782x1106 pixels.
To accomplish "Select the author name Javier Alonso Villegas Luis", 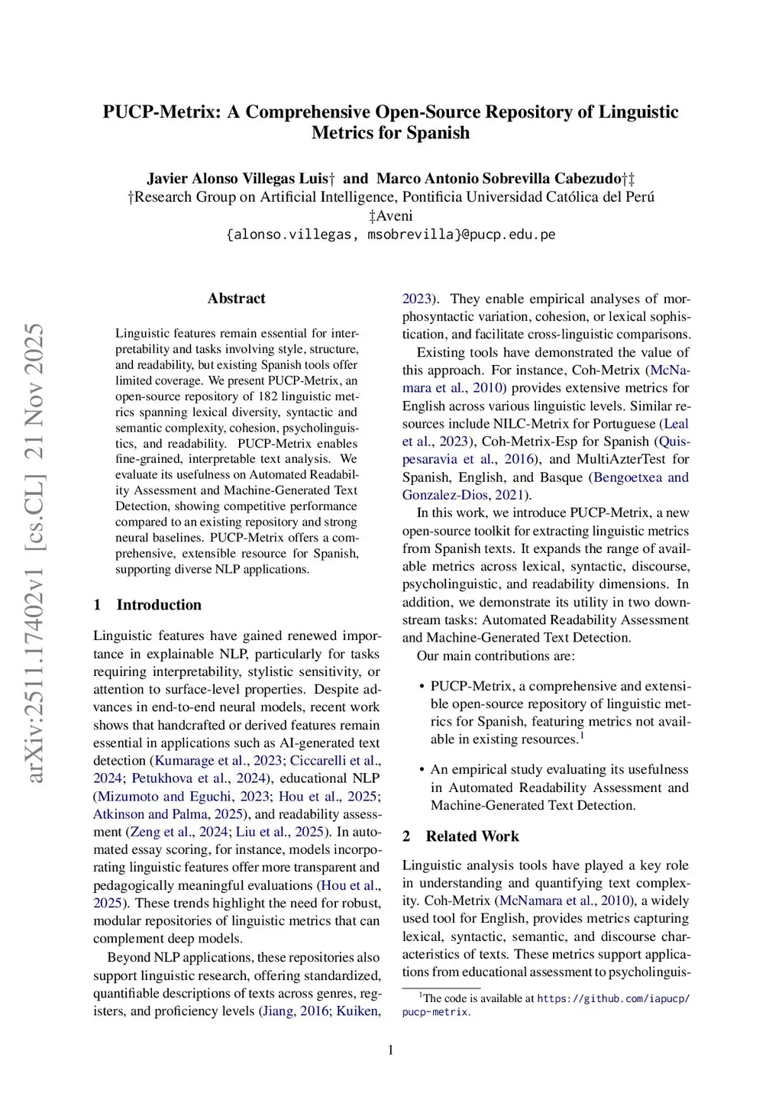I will [238, 179].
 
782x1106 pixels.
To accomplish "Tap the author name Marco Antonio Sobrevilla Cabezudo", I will [499, 179].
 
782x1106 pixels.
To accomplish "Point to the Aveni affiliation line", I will [391, 216].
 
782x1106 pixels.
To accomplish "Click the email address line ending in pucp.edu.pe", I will [391, 234].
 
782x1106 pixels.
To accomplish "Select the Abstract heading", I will [237, 299].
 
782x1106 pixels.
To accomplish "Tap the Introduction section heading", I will [159, 605].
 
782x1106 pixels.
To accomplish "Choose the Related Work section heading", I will [472, 836].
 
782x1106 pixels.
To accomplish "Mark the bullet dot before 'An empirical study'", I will [422, 770].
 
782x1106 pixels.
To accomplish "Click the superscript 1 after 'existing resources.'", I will [582, 736].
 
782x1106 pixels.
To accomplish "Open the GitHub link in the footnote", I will [613, 998].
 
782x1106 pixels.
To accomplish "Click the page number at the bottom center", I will [391, 1050].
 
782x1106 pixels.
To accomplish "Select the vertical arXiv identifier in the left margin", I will [35, 553].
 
